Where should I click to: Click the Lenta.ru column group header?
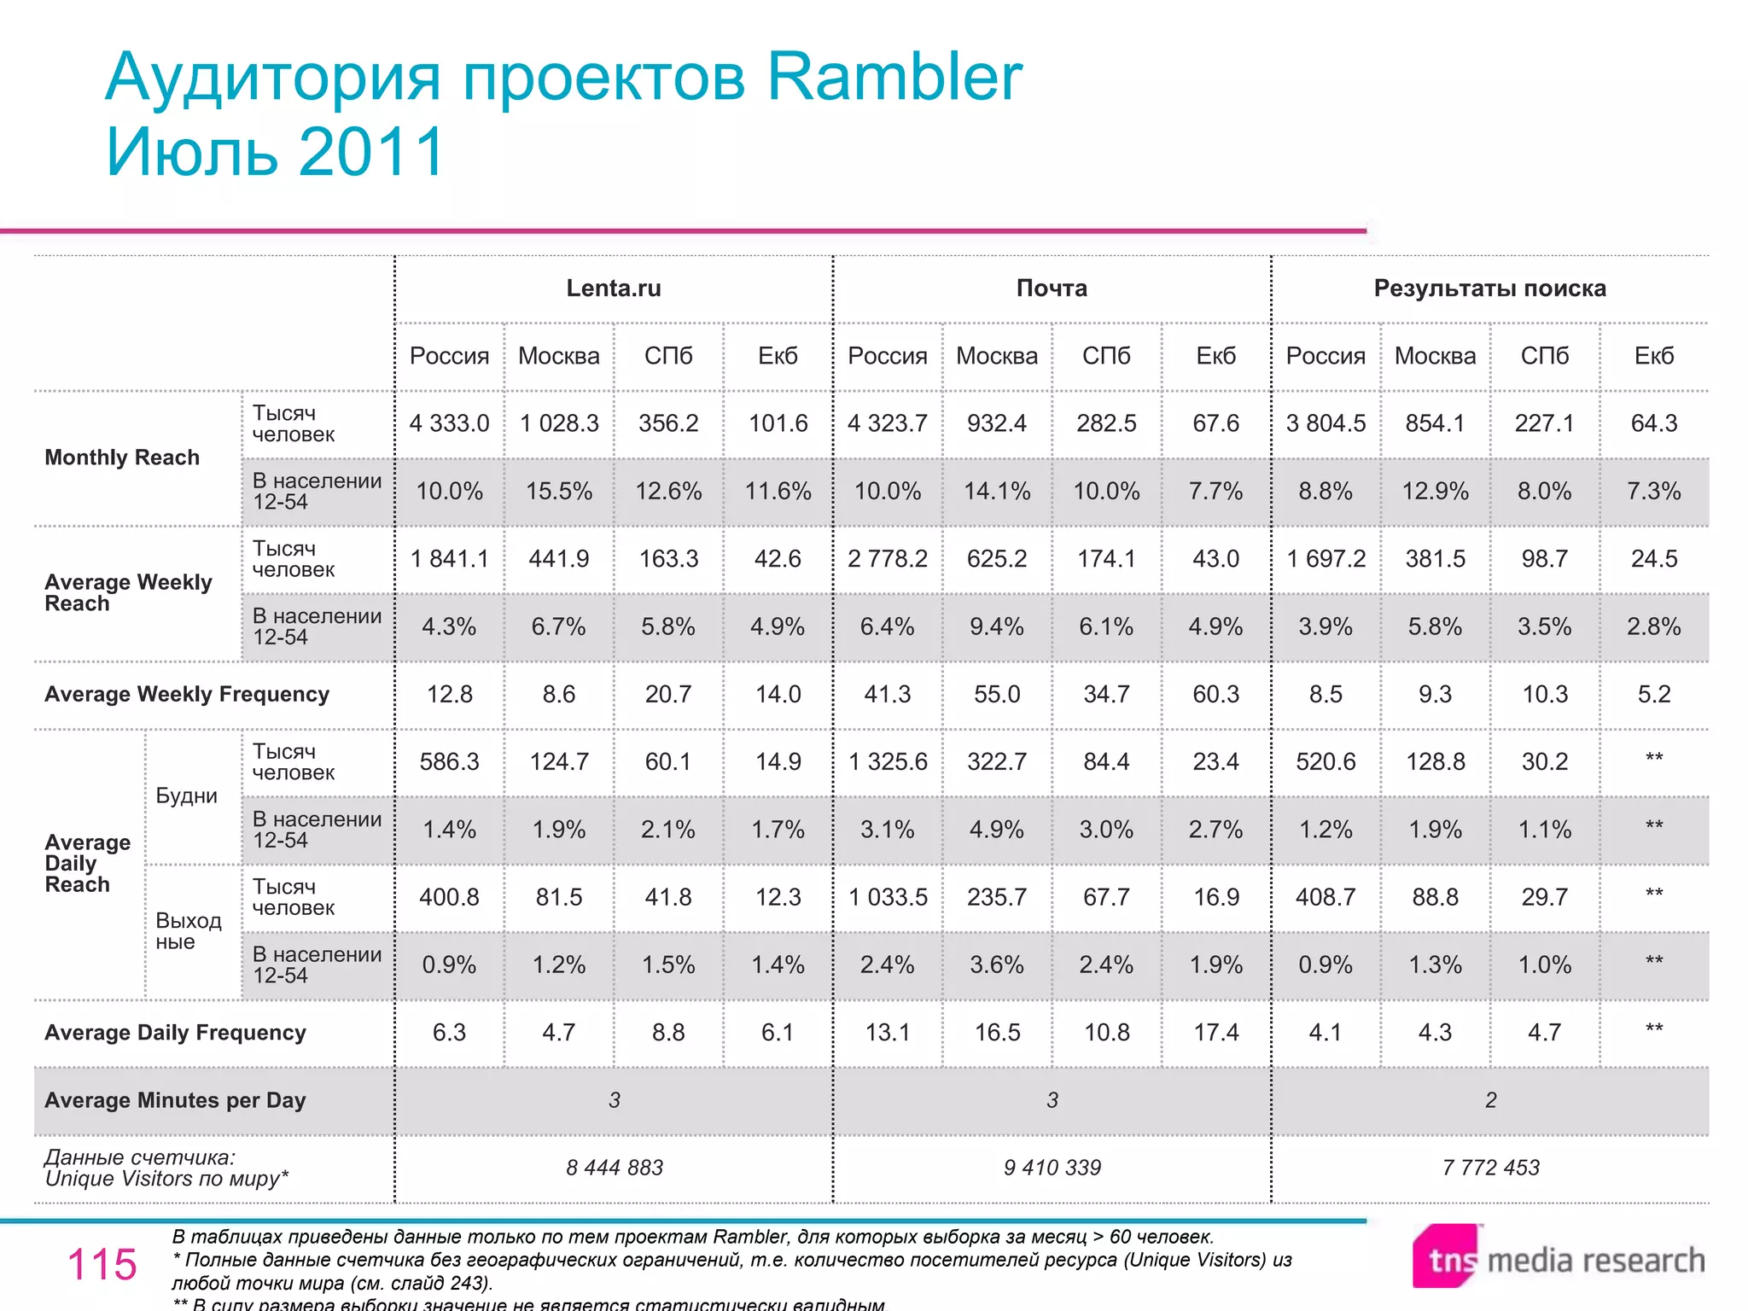tap(614, 288)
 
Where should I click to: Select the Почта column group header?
tap(1052, 288)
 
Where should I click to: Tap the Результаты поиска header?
tap(1489, 288)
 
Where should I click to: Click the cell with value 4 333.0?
tap(449, 423)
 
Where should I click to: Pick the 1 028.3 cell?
tap(559, 423)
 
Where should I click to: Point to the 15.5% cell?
tap(559, 492)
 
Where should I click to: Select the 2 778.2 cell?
tap(887, 559)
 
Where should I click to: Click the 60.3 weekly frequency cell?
tap(1215, 694)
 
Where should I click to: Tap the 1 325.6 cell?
tap(887, 761)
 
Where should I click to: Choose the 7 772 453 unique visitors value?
tap(1490, 1168)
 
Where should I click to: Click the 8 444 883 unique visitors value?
tap(614, 1168)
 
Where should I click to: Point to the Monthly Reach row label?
tap(122, 457)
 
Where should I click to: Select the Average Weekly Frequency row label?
tap(187, 694)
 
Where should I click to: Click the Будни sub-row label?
tap(186, 795)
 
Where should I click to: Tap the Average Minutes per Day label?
tap(175, 1100)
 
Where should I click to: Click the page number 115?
tap(102, 1264)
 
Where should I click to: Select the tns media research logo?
tap(1559, 1258)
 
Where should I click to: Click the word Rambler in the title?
tap(894, 77)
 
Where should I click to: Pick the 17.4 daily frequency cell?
tap(1215, 1033)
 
